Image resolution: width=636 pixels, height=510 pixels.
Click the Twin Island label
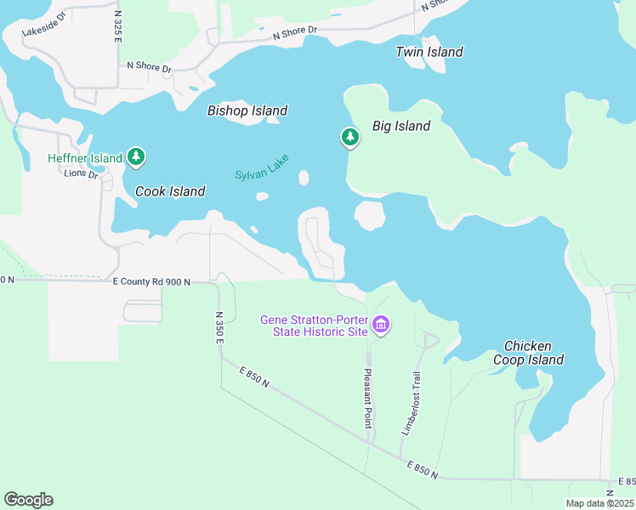click(x=429, y=52)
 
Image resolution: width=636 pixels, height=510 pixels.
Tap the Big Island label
click(x=401, y=126)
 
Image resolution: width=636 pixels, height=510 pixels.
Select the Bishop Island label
click(x=247, y=110)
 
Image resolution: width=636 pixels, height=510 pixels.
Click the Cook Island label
click(x=170, y=191)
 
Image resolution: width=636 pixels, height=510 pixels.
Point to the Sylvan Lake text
click(x=262, y=166)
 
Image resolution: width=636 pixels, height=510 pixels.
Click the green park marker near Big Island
click(x=349, y=137)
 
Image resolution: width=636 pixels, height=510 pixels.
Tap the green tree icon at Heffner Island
click(x=135, y=156)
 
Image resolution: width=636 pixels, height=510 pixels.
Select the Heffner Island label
click(x=86, y=158)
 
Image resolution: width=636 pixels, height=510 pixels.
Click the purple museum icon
click(x=380, y=325)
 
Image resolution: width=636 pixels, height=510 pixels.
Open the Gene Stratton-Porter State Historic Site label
click(x=314, y=326)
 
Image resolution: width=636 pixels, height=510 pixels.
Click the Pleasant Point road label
click(x=368, y=398)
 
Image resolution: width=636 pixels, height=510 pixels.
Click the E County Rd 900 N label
click(x=150, y=281)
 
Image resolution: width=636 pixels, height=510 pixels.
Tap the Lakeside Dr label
click(x=43, y=32)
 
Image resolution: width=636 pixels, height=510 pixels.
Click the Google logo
click(x=28, y=500)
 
